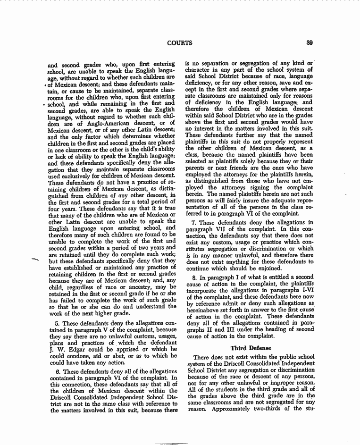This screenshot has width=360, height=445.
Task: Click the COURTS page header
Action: tap(180, 43)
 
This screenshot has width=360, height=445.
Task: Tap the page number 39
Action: tap(310, 42)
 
